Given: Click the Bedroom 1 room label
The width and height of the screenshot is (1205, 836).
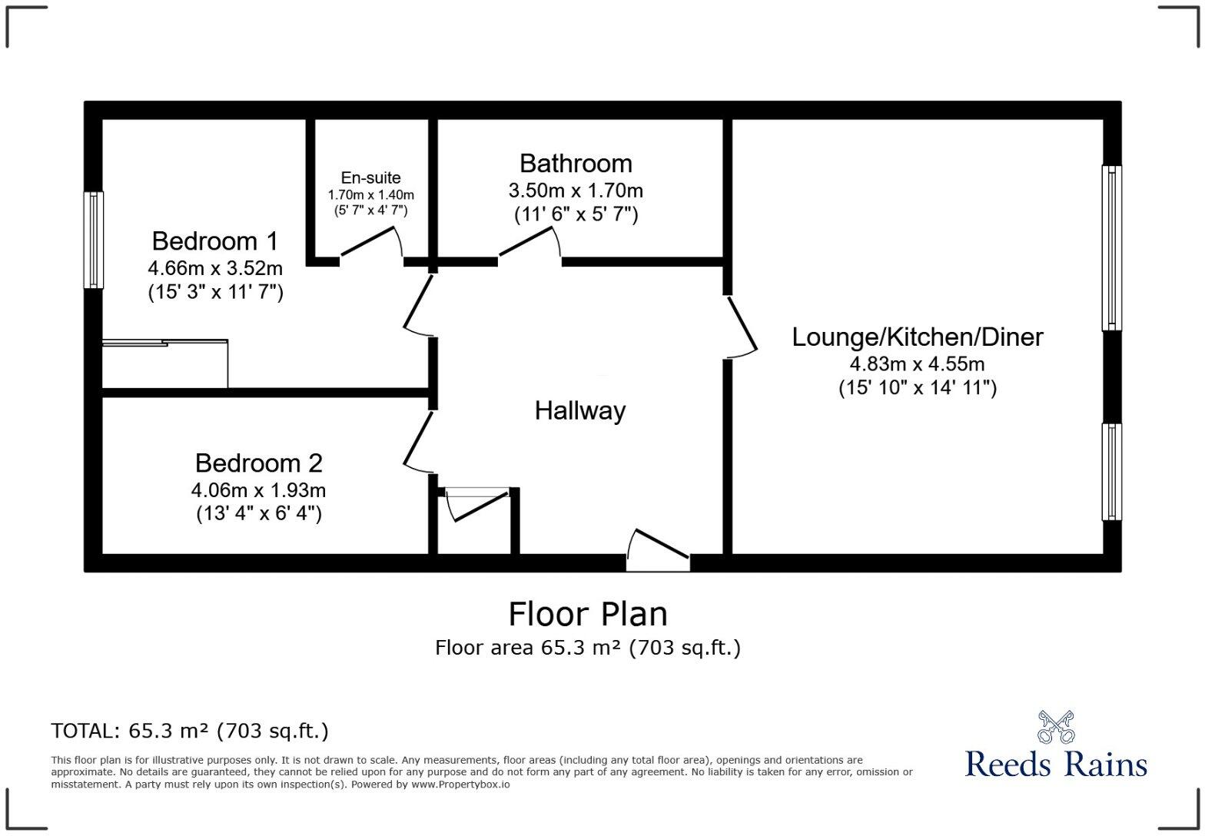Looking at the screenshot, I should [x=215, y=241].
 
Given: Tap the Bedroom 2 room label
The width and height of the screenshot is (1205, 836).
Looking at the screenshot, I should [x=258, y=463].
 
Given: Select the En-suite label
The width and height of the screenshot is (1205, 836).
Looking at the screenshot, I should [x=371, y=177].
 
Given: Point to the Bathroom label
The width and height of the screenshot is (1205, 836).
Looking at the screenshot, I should [x=576, y=163].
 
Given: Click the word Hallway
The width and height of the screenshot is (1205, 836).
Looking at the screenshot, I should [x=580, y=410].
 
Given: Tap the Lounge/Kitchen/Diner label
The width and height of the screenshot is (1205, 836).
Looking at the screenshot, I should [x=918, y=337].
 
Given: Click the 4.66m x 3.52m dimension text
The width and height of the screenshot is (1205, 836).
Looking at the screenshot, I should [x=215, y=268].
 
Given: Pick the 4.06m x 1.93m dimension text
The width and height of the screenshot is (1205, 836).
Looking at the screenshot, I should [x=258, y=489].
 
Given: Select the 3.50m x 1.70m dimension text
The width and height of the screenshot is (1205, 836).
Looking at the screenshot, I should [x=576, y=190].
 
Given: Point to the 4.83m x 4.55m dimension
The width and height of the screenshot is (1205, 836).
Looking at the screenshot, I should [x=917, y=363].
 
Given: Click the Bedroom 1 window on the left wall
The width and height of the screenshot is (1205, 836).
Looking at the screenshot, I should [x=94, y=240].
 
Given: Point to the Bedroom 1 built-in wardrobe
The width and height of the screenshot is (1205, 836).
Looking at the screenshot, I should [x=164, y=364].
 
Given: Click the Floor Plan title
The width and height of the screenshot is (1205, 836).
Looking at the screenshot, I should [x=588, y=614].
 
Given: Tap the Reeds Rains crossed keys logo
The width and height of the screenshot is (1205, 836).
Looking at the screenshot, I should [x=1055, y=727].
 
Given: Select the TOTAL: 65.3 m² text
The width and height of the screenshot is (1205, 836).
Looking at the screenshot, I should [x=190, y=731].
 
